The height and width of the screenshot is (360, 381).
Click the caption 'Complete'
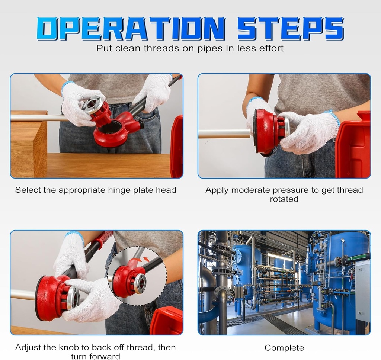[284, 348]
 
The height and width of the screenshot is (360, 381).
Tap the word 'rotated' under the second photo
[284, 199]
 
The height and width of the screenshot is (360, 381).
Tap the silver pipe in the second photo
[223, 134]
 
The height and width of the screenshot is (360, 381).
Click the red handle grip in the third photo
[103, 238]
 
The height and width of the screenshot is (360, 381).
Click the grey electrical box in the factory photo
[363, 290]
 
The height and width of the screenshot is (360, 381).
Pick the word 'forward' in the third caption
[106, 357]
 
